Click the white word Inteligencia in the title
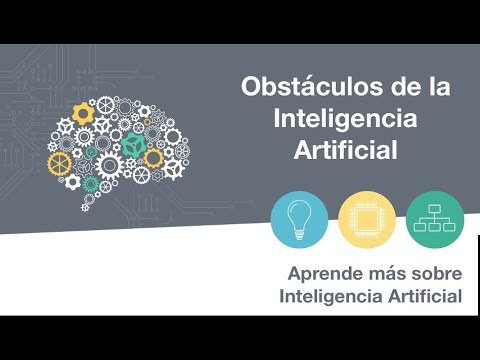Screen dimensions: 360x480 click(x=347, y=118)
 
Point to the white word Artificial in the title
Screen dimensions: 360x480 click(x=346, y=150)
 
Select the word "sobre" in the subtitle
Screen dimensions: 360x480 click(x=434, y=272)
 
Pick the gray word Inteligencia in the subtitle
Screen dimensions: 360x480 click(x=328, y=296)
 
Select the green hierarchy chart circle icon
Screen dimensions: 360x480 click(x=434, y=219)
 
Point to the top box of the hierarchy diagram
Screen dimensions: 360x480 click(x=434, y=208)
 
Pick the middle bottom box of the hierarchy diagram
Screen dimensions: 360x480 click(x=434, y=228)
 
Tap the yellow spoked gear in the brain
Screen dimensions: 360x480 click(x=61, y=163)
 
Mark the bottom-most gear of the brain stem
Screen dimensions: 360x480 click(x=87, y=206)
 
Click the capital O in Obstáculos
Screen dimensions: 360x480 click(x=252, y=86)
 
